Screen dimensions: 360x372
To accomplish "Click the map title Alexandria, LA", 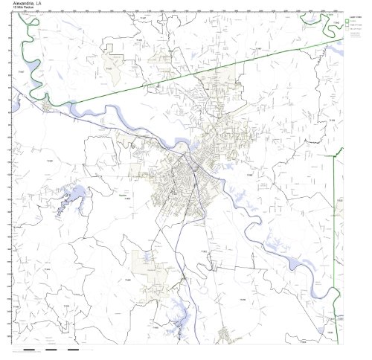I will [x=28, y=4].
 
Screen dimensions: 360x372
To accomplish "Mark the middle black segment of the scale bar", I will [x=51, y=348].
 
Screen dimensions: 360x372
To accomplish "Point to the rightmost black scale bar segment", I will [x=73, y=348].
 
